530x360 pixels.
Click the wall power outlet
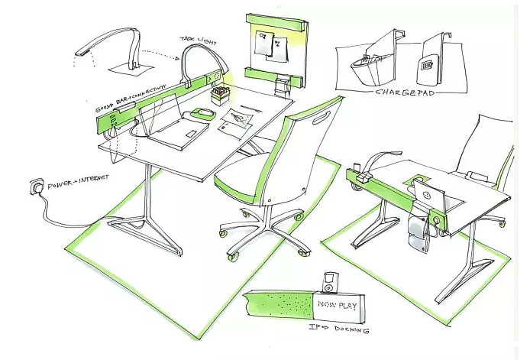point(34,186)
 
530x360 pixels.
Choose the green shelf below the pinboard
point(271,74)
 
